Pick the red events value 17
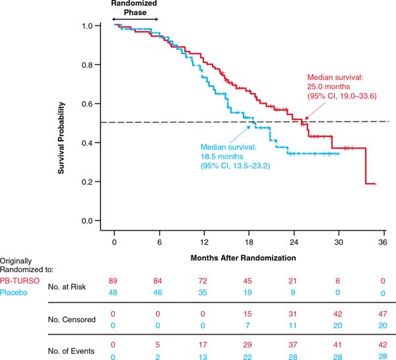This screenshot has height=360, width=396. pyautogui.click(x=205, y=345)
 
